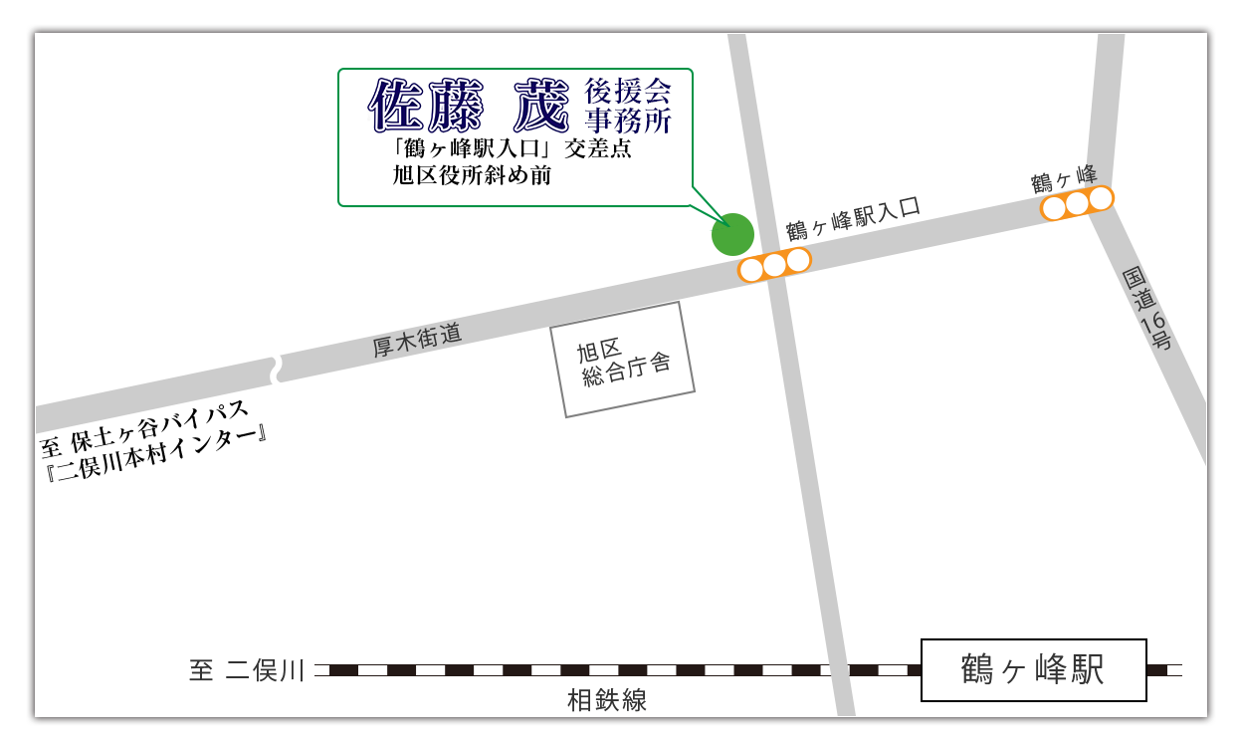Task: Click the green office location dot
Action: pyautogui.click(x=732, y=234)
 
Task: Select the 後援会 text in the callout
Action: pyautogui.click(x=628, y=92)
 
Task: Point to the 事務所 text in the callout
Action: pyautogui.click(x=628, y=121)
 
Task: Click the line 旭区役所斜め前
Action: pyautogui.click(x=472, y=175)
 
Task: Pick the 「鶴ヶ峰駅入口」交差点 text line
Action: pyautogui.click(x=512, y=149)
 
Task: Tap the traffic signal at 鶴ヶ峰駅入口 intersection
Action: pyautogui.click(x=774, y=265)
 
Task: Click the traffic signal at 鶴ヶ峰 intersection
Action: pyautogui.click(x=1077, y=203)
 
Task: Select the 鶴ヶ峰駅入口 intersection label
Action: pyautogui.click(x=853, y=218)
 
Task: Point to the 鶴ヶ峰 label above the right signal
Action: pyautogui.click(x=1064, y=178)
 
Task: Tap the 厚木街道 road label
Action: pyautogui.click(x=417, y=341)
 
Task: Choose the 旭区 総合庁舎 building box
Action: pyautogui.click(x=623, y=360)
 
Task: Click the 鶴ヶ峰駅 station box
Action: pyautogui.click(x=1033, y=669)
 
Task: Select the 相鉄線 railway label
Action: pyautogui.click(x=607, y=701)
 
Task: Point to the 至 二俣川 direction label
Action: pyautogui.click(x=246, y=670)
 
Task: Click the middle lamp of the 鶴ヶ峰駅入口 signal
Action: pyautogui.click(x=774, y=265)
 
